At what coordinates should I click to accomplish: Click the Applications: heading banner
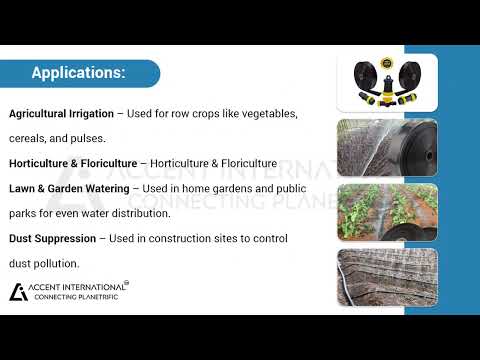(x=79, y=73)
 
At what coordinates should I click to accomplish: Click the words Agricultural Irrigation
(x=61, y=114)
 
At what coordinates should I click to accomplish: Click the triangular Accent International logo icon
(x=18, y=291)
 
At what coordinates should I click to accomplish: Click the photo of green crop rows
(x=373, y=211)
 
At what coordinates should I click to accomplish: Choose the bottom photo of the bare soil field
(x=373, y=276)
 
